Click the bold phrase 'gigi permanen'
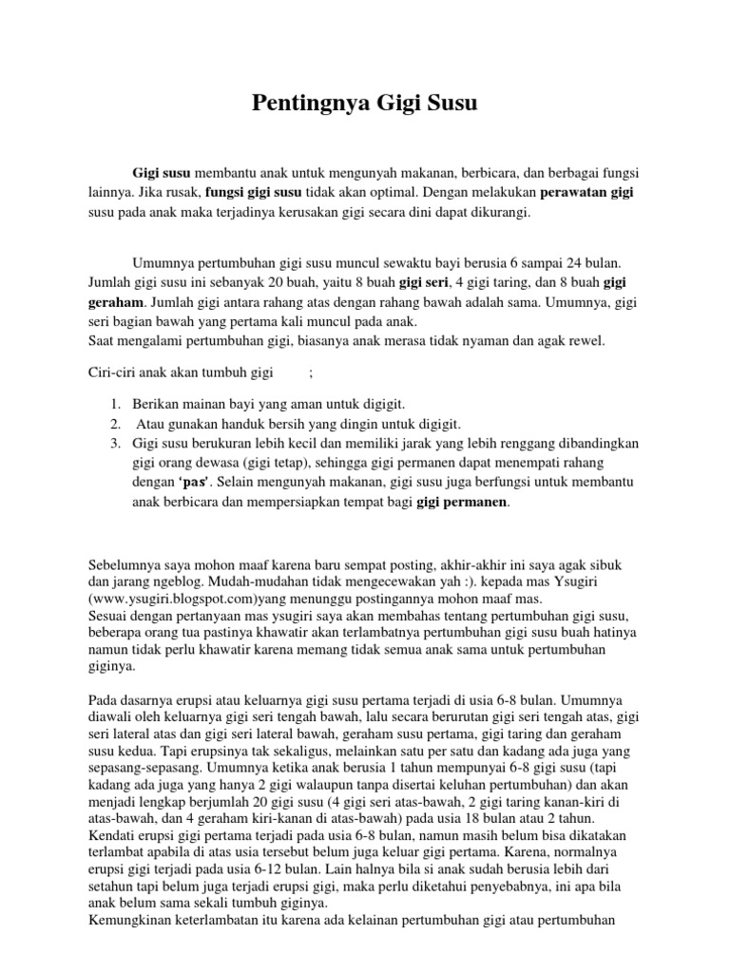[x=463, y=503]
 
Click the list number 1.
[x=113, y=404]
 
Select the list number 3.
[x=113, y=444]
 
